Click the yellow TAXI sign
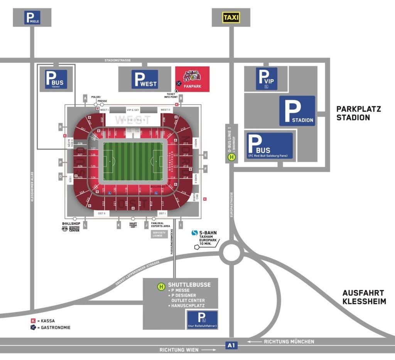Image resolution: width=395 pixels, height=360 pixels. coord(231,17)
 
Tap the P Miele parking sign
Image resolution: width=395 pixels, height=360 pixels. coord(32,17)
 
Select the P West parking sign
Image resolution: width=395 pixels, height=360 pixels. coord(145,79)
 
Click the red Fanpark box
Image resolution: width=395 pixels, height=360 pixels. coord(192,79)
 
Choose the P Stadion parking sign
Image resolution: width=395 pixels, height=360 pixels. coord(297,111)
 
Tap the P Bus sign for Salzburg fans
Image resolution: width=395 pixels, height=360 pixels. coord(270,146)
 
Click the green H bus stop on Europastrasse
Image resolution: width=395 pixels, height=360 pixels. coord(231,157)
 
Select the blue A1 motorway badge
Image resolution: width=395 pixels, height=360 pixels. coord(231,345)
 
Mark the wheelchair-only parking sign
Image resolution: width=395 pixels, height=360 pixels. coord(202,320)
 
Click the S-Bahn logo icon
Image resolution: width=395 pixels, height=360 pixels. coord(195,233)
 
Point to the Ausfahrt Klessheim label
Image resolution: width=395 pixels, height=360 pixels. coord(364,297)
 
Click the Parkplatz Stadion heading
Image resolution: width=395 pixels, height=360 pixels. coord(358,113)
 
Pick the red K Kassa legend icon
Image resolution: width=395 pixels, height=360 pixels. coord(33,321)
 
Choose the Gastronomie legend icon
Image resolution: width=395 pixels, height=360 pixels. coord(33,328)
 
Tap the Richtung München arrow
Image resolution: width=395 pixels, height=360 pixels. coord(254,341)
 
